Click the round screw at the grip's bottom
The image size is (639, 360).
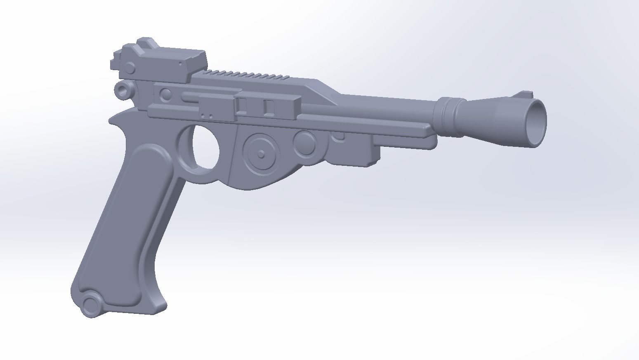click(91, 305)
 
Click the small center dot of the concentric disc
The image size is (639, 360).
click(261, 154)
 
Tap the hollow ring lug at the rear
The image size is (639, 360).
click(123, 89)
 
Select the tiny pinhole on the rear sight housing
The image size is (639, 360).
click(180, 64)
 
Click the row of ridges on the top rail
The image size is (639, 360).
click(248, 75)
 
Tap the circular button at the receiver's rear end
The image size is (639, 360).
click(166, 94)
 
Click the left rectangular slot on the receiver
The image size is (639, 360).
click(242, 106)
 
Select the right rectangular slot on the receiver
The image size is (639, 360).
click(269, 106)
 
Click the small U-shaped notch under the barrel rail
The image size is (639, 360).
click(340, 136)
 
